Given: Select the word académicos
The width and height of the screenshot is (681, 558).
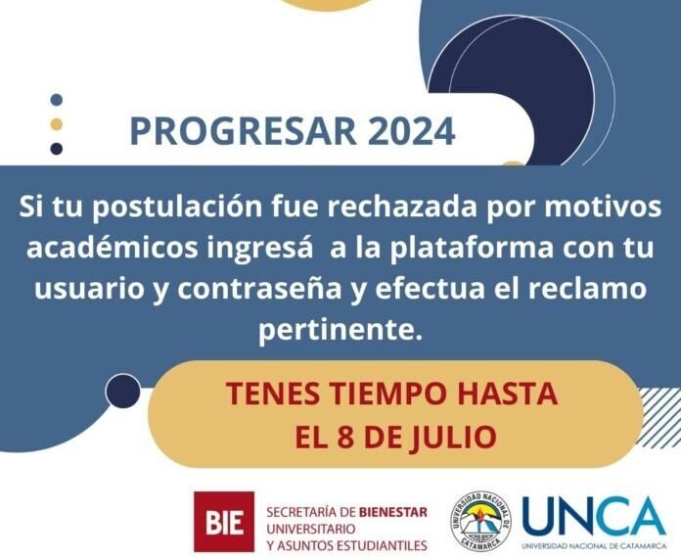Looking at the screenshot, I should tap(114, 249).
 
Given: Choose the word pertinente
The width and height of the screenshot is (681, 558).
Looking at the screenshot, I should tap(339, 331).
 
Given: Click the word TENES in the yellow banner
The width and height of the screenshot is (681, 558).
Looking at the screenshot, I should tap(266, 394).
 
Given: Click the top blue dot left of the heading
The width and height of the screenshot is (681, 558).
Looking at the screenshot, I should tap(57, 100).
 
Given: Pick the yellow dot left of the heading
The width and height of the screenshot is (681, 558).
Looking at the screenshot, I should tap(57, 124).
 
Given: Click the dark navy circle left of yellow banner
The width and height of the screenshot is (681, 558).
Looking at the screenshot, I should tap(123, 391).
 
